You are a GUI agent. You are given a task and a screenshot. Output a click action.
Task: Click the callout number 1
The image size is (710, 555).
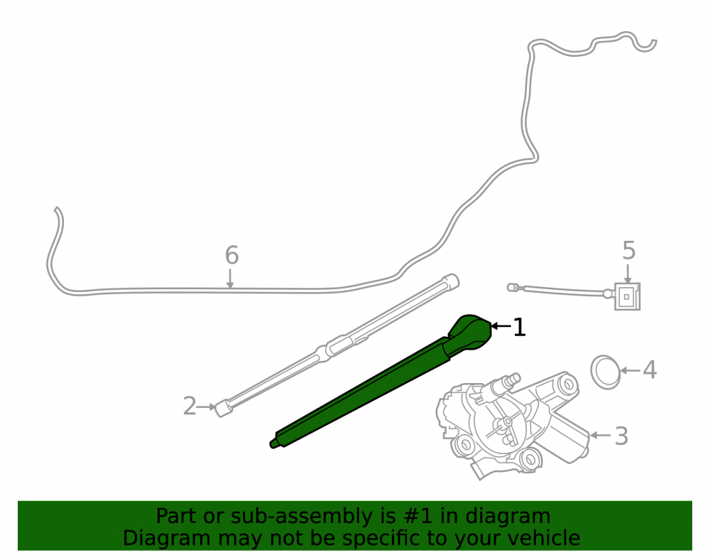click(519, 327)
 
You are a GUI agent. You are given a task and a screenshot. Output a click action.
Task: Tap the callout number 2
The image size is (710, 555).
click(190, 406)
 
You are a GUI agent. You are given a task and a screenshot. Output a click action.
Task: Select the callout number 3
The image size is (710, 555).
click(621, 436)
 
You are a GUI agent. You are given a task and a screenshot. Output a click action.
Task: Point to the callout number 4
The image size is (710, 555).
click(650, 370)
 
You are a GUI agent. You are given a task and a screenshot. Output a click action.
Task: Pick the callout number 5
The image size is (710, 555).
click(629, 251)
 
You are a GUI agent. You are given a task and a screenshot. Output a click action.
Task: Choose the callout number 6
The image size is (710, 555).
click(232, 256)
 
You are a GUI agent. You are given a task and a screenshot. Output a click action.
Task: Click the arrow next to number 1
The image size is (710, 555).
click(501, 325)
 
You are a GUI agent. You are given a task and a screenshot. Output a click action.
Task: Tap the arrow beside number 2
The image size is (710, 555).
click(207, 407)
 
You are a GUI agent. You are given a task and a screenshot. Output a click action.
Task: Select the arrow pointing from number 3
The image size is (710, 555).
click(601, 436)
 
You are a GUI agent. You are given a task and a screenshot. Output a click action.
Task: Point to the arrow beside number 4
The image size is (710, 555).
click(630, 371)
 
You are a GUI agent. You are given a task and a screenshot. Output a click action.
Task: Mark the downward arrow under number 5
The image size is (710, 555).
click(628, 274)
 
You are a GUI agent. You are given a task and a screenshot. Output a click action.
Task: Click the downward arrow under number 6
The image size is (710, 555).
click(230, 279)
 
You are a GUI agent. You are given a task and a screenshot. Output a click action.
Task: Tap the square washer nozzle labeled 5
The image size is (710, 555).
click(627, 297)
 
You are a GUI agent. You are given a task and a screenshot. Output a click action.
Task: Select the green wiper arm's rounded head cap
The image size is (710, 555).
click(471, 332)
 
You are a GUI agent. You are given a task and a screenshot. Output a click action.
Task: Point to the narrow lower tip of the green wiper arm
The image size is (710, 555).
click(273, 443)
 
